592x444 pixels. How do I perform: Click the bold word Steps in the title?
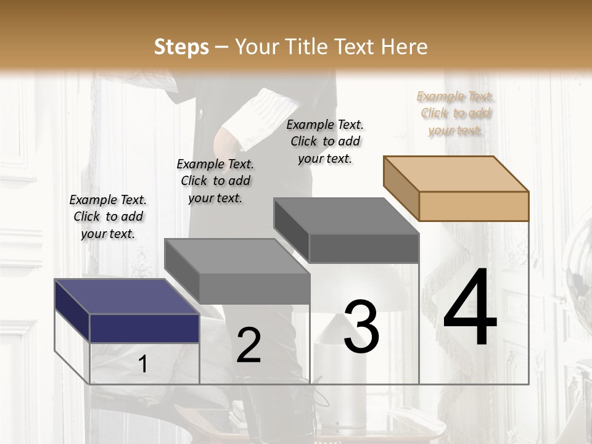pos(181,47)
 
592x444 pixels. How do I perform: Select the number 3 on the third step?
pos(361,327)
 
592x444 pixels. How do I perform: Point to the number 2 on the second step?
pos(249,345)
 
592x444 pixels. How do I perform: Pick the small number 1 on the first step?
pos(142,364)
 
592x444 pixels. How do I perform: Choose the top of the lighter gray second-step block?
pos(237,256)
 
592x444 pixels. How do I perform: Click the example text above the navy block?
pos(108,216)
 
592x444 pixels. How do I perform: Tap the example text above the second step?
pos(215,181)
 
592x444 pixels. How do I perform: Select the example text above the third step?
pos(325,141)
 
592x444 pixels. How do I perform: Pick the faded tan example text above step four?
pos(455,113)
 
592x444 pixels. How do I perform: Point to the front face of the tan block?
pos(474,206)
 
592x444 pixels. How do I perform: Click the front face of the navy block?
pos(144,328)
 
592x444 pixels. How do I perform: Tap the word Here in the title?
pos(405,47)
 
